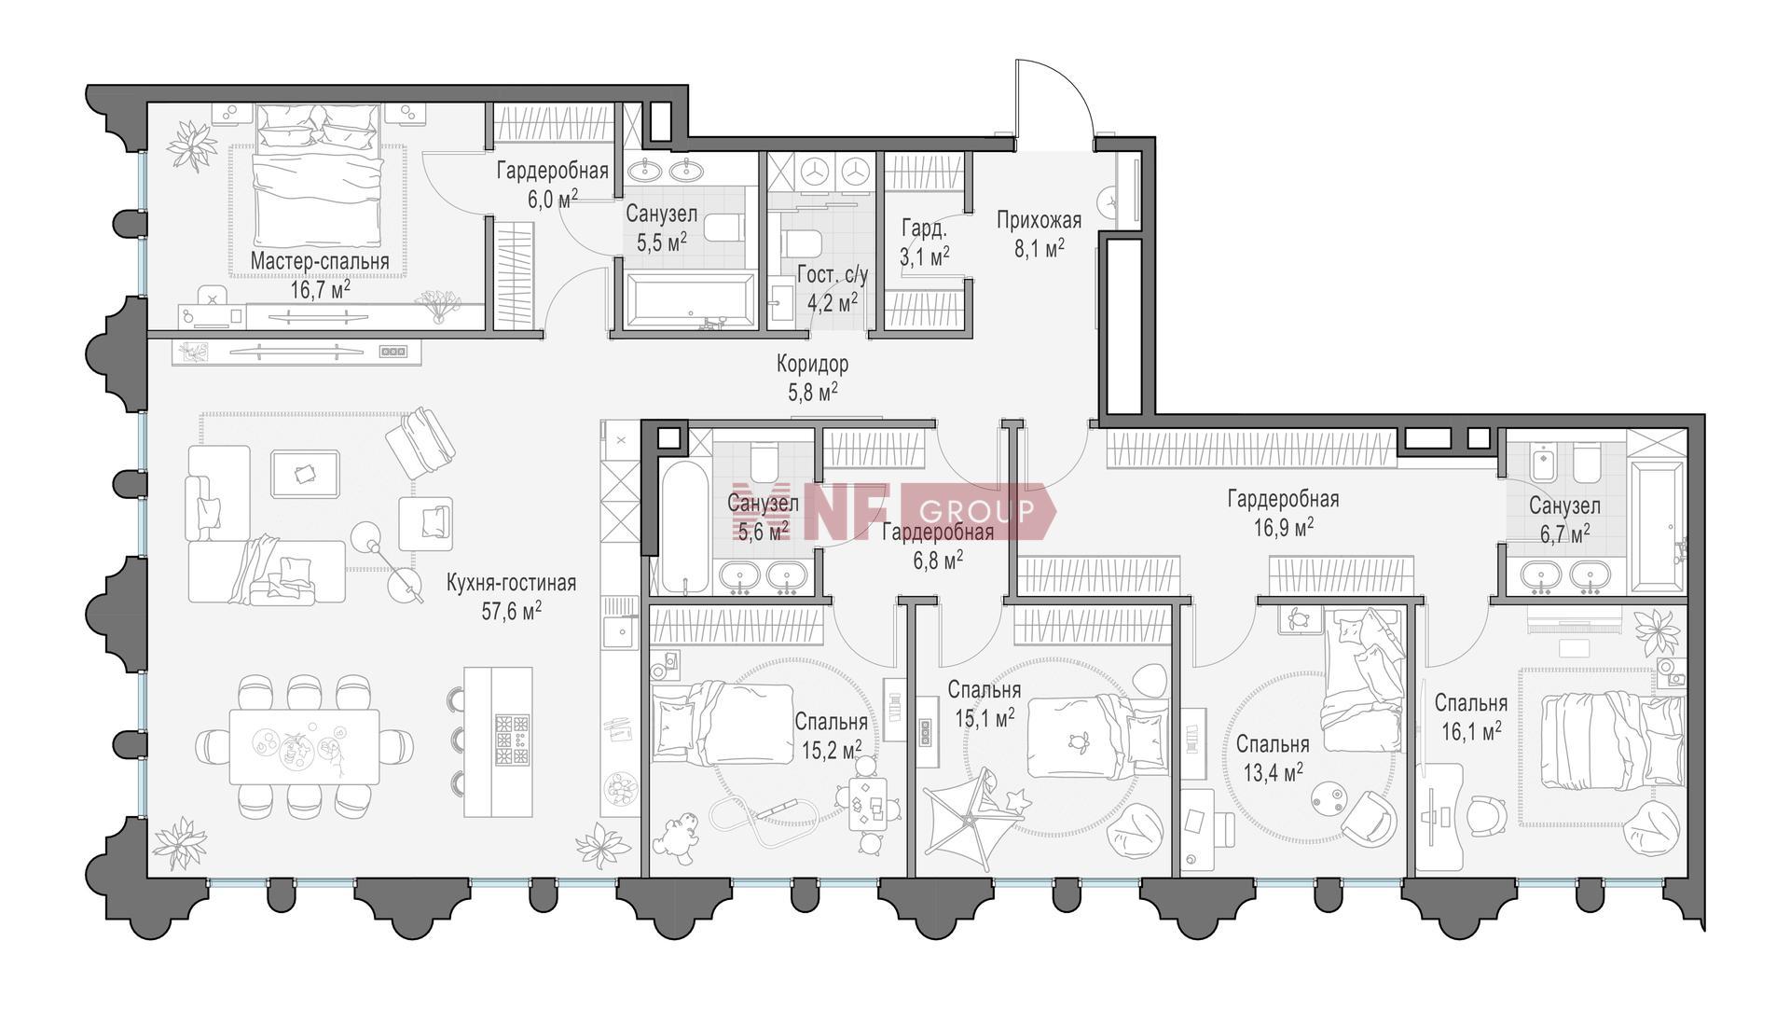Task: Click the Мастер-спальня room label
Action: [x=319, y=262]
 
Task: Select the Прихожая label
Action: [x=1039, y=220]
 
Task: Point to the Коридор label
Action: [x=813, y=364]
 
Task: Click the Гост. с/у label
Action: [x=833, y=276]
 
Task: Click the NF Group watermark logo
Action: [x=893, y=511]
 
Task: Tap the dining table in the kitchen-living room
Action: [x=305, y=747]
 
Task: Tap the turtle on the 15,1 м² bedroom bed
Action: [x=1081, y=741]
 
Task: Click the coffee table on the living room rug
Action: [x=306, y=474]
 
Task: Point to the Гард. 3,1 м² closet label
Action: [x=925, y=242]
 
